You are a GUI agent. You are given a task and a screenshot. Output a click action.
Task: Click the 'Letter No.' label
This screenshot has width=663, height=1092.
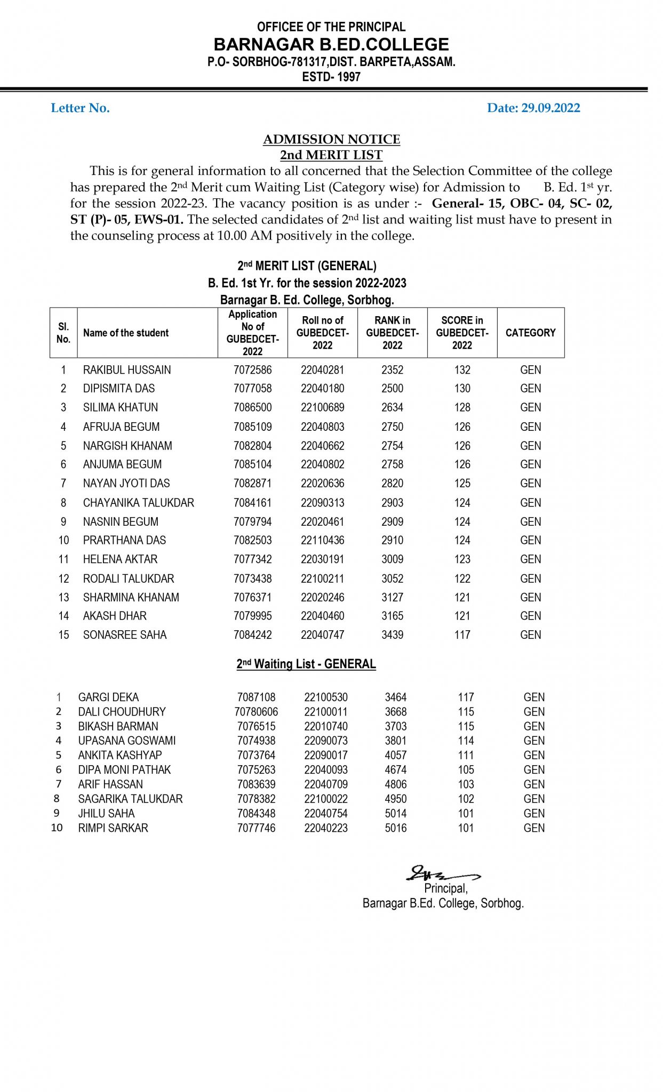(80, 108)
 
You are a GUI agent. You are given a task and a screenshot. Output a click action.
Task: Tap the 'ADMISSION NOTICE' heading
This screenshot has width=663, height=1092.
(331, 139)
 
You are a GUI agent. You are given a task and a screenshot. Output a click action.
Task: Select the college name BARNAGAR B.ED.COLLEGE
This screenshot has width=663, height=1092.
(331, 44)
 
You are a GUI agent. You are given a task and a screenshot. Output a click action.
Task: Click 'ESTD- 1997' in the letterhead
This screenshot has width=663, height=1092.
(331, 77)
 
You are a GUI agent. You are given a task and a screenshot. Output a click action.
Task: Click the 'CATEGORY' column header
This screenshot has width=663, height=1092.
(530, 333)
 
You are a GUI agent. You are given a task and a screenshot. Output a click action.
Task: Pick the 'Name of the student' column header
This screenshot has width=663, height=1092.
(126, 333)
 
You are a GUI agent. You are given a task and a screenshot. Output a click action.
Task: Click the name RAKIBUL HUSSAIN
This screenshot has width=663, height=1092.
(127, 370)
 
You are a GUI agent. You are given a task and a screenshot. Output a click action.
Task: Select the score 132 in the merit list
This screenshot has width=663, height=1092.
(462, 370)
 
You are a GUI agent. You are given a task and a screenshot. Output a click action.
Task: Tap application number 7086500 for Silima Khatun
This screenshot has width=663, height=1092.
(252, 407)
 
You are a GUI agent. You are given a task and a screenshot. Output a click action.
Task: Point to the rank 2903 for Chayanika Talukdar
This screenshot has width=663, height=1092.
(392, 503)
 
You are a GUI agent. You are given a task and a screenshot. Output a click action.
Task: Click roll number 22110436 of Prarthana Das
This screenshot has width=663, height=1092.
(322, 540)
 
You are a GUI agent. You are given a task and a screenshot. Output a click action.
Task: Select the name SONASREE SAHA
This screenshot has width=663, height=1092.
(125, 635)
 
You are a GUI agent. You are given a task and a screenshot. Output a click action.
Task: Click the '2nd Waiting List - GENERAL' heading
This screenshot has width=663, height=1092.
(306, 664)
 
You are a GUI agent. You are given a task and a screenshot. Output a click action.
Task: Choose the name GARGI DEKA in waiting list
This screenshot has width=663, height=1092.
(108, 697)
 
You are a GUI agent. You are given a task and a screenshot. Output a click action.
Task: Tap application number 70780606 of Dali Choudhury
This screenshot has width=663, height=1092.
(256, 712)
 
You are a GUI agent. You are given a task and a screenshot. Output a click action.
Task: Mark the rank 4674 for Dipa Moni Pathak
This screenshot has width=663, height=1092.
(395, 770)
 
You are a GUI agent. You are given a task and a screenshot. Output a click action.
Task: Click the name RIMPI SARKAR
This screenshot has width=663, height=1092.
(113, 828)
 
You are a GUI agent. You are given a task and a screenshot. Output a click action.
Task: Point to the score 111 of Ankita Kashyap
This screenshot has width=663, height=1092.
(466, 756)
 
